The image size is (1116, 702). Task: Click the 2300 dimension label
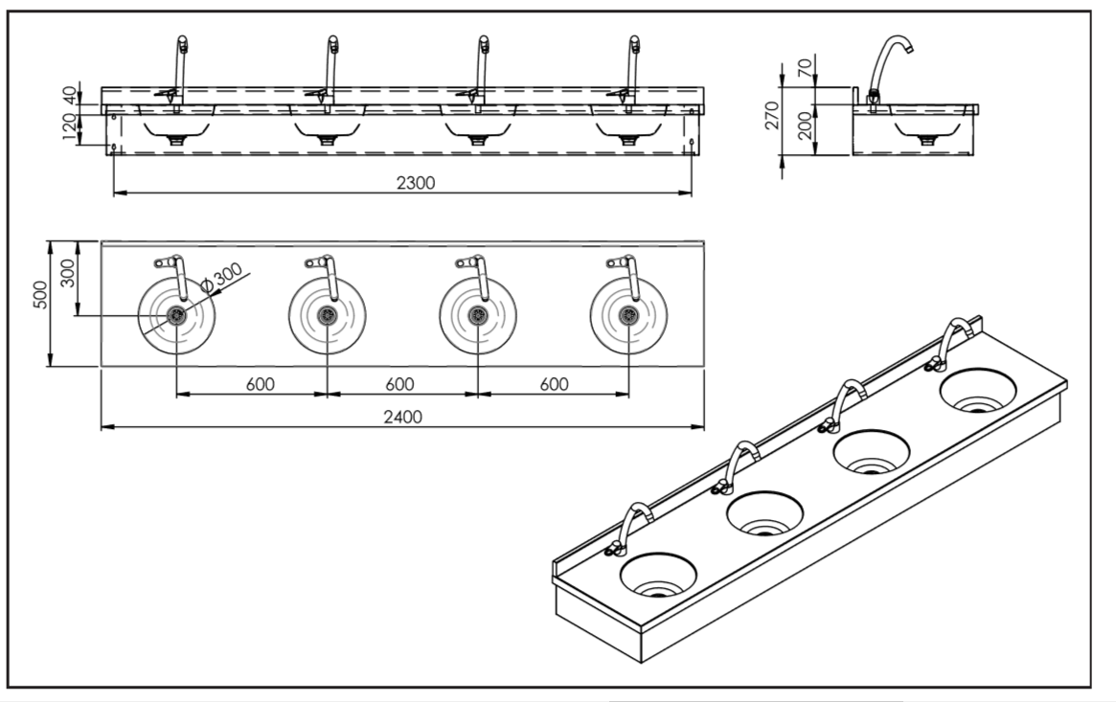pos(415,183)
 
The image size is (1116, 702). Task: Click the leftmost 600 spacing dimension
pos(260,384)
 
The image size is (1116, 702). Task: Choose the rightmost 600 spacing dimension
pos(553,384)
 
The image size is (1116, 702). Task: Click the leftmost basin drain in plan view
pos(177,315)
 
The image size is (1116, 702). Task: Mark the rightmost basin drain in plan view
pos(628,315)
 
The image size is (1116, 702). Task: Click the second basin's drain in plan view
pos(328,315)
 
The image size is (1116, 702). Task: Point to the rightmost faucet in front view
pos(632,67)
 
